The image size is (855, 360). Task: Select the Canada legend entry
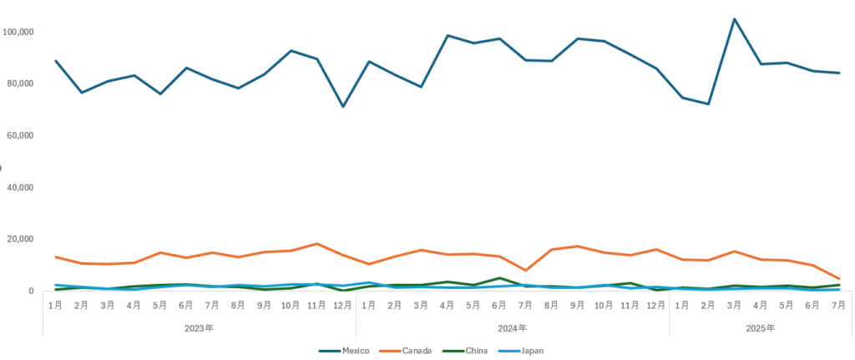[x=416, y=351]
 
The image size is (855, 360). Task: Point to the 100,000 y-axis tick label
[x=18, y=32]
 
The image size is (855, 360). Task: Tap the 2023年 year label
[x=199, y=328]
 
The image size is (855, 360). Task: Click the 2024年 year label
[x=513, y=328]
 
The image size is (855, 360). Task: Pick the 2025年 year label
[x=760, y=328]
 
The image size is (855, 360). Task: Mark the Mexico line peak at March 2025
[x=734, y=19]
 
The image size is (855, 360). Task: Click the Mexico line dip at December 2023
[x=342, y=106]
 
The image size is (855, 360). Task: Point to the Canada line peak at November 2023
[x=316, y=244]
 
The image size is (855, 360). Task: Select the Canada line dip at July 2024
[x=525, y=271]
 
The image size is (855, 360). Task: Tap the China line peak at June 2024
[x=499, y=278]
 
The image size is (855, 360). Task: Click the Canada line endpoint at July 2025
[x=838, y=279]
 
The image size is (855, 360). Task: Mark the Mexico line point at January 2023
[x=55, y=61]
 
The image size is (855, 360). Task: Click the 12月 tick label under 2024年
[x=655, y=306]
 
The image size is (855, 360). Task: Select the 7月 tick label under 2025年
[x=838, y=306]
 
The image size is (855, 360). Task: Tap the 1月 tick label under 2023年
[x=55, y=306]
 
